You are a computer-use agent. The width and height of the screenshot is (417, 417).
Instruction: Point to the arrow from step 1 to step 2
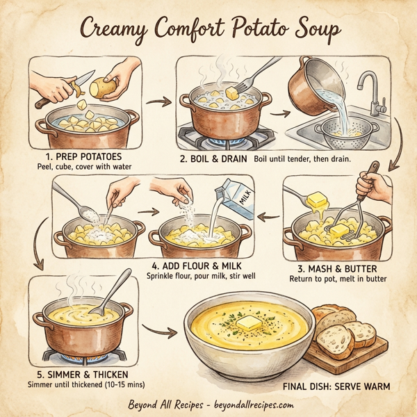click(161, 103)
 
